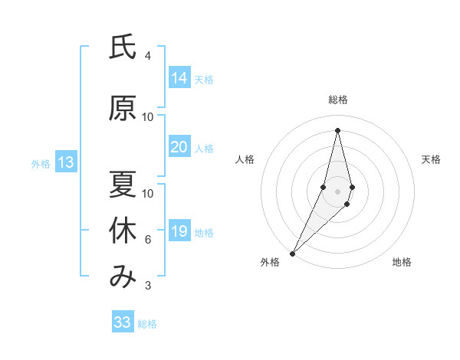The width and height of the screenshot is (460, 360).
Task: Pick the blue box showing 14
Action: pos(179,77)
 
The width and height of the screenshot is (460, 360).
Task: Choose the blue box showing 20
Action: pos(179,147)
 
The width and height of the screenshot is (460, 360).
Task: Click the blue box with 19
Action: pos(179,231)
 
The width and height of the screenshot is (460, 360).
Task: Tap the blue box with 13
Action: pos(66,162)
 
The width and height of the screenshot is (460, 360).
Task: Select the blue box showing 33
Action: pos(123,322)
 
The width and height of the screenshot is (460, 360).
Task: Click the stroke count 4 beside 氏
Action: pos(148,56)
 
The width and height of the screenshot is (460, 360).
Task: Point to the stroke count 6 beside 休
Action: pos(148,240)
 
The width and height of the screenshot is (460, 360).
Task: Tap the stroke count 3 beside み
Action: pos(148,286)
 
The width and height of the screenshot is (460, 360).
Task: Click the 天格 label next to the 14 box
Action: pos(204,79)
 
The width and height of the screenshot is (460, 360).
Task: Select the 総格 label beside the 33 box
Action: pos(147,324)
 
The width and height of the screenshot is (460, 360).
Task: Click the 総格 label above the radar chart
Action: pos(338,100)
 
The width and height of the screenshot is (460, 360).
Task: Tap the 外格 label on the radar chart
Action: pos(270,262)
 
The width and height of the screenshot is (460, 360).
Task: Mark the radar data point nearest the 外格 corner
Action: pos(292,253)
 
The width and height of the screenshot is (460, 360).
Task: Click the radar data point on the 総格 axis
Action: pos(338,129)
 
